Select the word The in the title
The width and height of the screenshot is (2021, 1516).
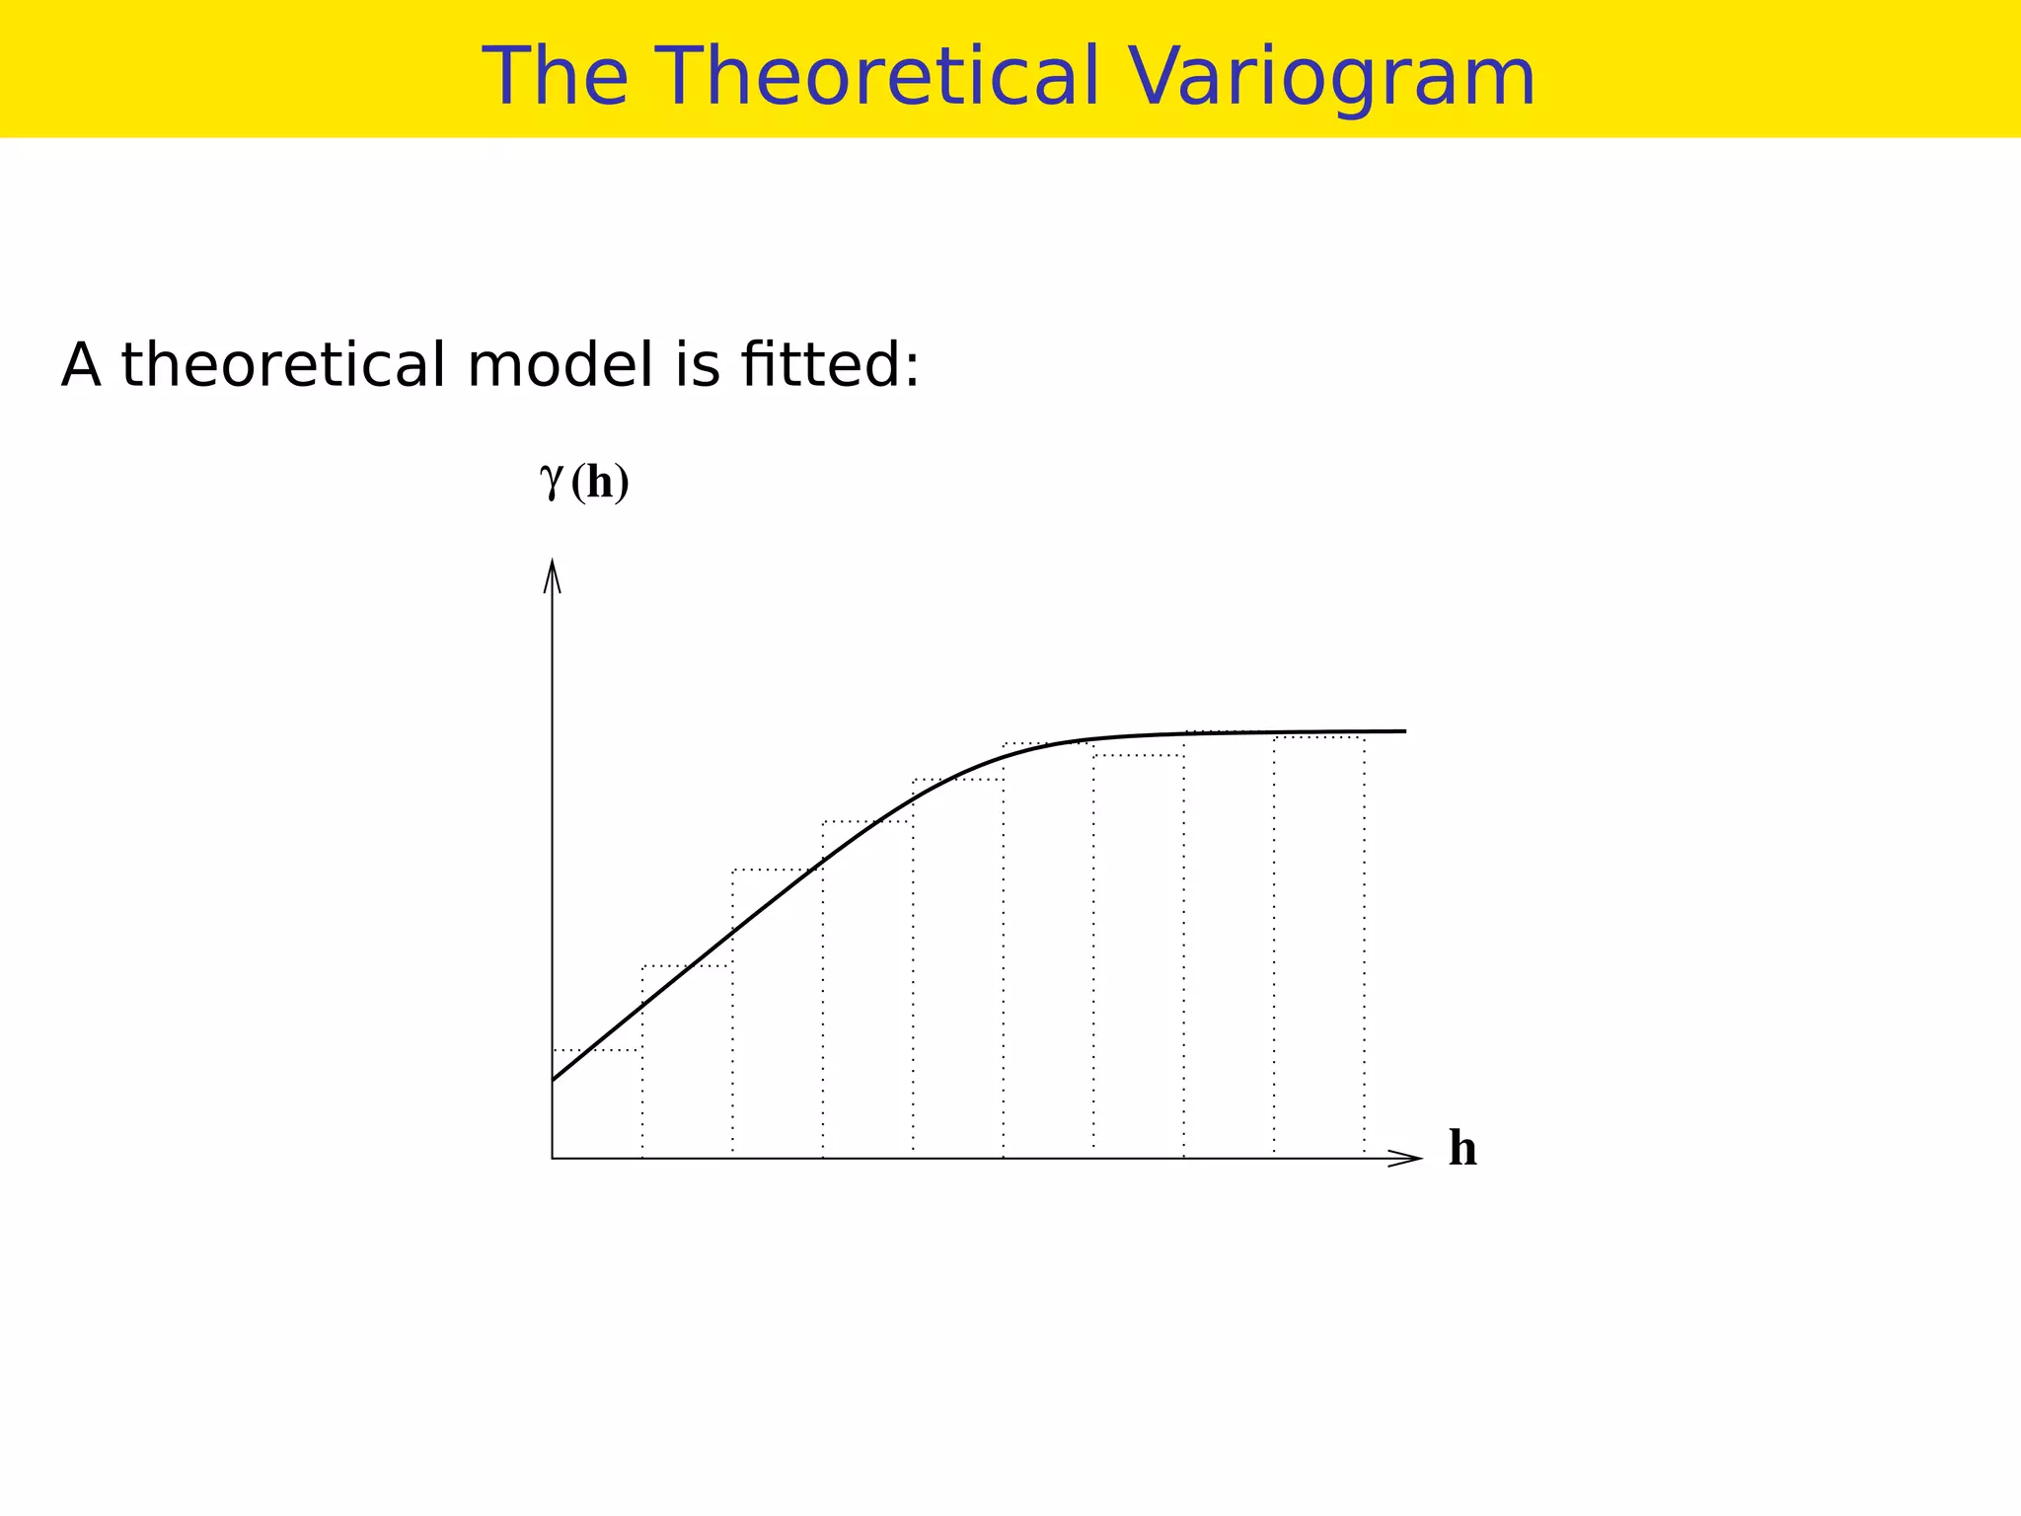click(555, 77)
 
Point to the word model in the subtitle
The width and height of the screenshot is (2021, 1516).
click(560, 364)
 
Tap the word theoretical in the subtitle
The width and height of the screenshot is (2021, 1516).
click(283, 364)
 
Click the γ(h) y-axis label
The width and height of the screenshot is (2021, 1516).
click(585, 483)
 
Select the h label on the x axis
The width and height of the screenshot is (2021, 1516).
click(1462, 1150)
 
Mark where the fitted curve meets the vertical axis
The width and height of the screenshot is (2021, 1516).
click(553, 1081)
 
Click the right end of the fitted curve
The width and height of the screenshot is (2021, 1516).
click(1404, 731)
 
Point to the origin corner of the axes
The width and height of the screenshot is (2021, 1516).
click(553, 1159)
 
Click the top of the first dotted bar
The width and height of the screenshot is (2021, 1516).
click(597, 1050)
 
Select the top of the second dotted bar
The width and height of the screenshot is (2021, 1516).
click(687, 966)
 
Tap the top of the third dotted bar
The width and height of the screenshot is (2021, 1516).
click(778, 871)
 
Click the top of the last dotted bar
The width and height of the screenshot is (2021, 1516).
click(1319, 737)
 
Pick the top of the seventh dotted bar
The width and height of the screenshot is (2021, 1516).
click(1139, 756)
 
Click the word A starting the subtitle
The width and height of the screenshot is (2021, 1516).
click(81, 364)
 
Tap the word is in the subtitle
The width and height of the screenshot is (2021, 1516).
click(698, 364)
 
